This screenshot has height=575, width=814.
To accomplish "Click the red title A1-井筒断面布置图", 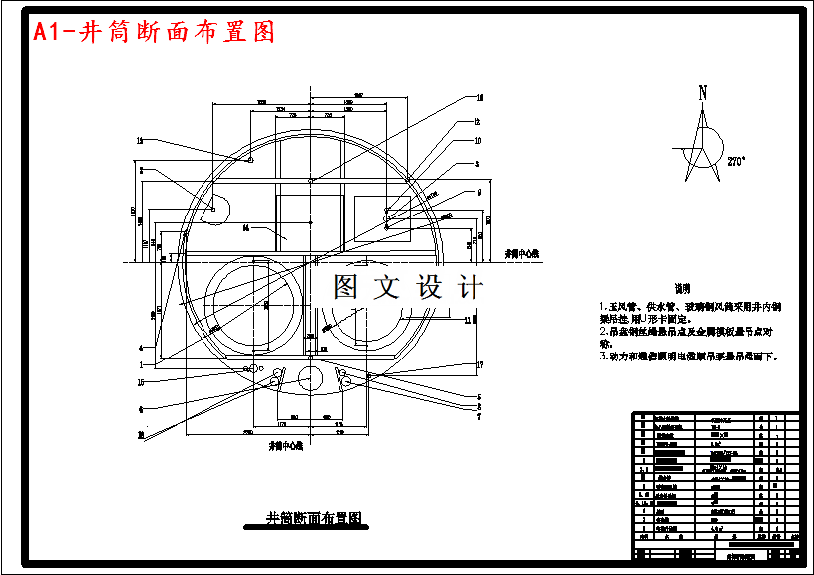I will tap(154, 32).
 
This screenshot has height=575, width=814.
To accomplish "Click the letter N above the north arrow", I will tap(703, 93).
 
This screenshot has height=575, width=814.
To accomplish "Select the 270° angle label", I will tap(736, 160).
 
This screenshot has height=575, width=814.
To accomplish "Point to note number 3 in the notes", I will tap(601, 355).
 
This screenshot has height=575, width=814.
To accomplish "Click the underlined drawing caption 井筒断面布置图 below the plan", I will tap(314, 518).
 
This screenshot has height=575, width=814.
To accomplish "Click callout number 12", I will tap(477, 122).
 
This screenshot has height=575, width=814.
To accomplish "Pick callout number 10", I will tap(477, 141).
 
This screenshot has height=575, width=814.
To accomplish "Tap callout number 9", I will tap(480, 191).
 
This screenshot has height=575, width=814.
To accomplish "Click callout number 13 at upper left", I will tap(141, 140).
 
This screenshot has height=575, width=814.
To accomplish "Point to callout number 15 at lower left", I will tap(141, 381).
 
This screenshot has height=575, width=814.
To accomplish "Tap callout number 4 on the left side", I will tap(141, 348).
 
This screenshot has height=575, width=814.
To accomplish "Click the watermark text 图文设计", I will tap(407, 288).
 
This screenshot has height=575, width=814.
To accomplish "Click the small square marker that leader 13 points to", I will tap(249, 160).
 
